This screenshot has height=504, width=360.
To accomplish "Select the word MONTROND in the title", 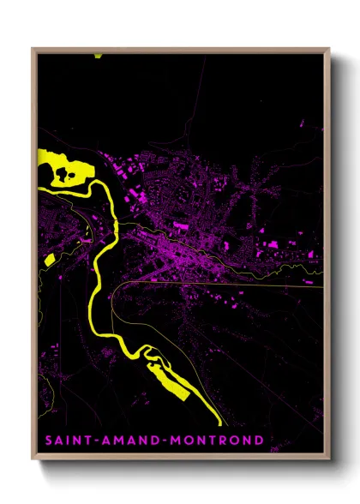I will tap(214, 441).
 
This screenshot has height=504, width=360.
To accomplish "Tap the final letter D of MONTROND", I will tap(258, 441).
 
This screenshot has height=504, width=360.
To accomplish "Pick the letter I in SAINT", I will tap(69, 441).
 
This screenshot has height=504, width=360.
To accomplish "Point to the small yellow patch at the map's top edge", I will tap(99, 55).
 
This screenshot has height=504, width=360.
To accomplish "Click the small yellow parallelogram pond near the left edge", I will tap(49, 259).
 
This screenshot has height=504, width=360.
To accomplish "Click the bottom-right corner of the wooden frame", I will tap(329, 461).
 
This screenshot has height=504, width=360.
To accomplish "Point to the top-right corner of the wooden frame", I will tap(329, 49).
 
